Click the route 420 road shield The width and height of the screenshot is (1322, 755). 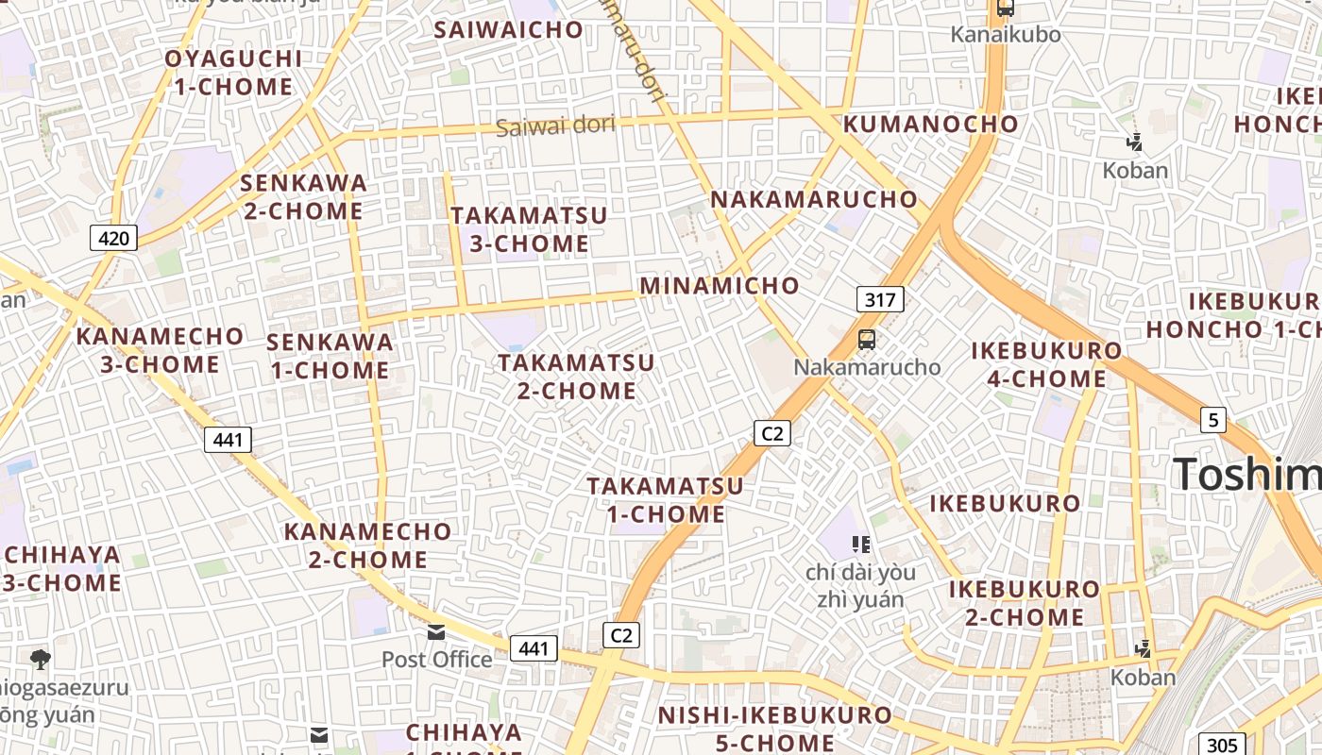coord(113,238)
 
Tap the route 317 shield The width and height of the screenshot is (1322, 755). coord(880,300)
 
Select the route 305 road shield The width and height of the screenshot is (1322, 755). coord(1222,745)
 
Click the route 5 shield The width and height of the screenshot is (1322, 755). coord(1213,419)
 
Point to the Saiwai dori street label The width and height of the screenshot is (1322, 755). coord(555,126)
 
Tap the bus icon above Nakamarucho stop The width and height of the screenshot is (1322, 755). coord(867,340)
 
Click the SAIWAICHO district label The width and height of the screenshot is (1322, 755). coord(509,29)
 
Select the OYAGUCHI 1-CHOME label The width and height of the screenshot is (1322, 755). coord(233,73)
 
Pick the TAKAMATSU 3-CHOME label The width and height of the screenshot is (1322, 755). coord(529,229)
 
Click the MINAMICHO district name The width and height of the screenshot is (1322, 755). coord(720,285)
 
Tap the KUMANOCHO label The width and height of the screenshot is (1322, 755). coord(931,124)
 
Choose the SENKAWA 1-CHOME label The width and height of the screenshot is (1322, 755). coord(330,356)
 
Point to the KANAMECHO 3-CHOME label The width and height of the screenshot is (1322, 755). coord(160,350)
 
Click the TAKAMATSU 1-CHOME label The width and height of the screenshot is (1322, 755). coord(666,500)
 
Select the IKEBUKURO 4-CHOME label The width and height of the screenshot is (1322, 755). coord(1046,364)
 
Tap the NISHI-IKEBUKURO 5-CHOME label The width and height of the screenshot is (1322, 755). coord(774,729)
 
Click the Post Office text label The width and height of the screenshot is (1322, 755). coord(436,659)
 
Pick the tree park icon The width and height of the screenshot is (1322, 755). coord(40,658)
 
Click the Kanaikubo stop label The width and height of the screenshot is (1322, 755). coord(1006,35)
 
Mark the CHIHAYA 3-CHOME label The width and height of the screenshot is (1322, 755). coord(61,568)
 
